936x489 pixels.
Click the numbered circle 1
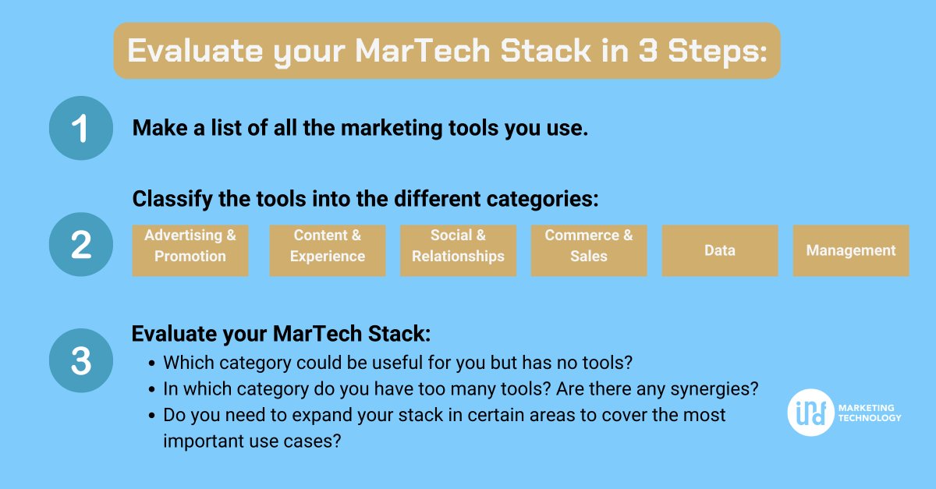[x=81, y=129]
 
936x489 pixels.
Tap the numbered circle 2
[x=81, y=245]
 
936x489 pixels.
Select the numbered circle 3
[x=81, y=360]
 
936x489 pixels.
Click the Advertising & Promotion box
[x=190, y=250]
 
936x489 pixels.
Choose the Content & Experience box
[x=328, y=250]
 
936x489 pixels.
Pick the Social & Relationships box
[x=459, y=250]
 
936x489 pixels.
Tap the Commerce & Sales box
[x=589, y=250]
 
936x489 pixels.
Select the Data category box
[x=720, y=250]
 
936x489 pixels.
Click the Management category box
[x=851, y=250]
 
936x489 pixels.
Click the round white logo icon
[x=810, y=412]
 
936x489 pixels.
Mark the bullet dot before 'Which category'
[x=151, y=363]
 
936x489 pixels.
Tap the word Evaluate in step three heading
[x=169, y=334]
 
